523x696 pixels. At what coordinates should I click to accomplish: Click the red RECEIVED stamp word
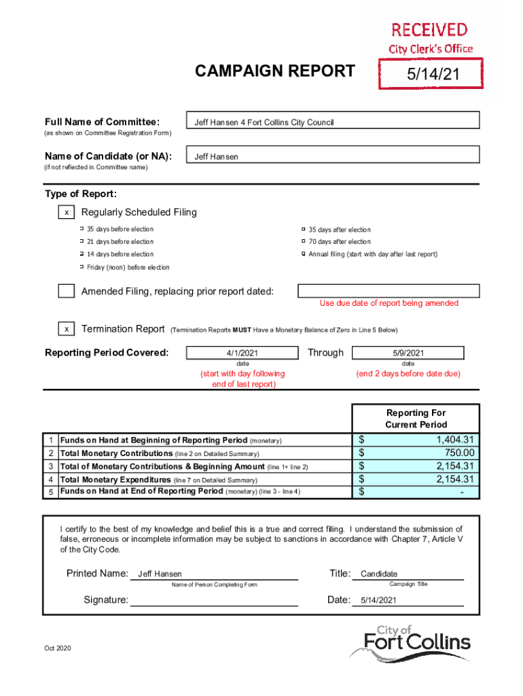point(429,30)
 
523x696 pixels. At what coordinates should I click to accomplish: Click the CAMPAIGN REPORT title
point(274,71)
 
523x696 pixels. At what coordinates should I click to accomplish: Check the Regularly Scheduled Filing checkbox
point(66,213)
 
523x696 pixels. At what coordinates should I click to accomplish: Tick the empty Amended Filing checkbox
point(66,292)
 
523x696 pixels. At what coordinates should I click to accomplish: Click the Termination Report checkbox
point(66,329)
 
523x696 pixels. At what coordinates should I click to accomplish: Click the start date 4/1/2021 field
point(242,353)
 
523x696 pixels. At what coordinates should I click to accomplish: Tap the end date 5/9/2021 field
point(408,353)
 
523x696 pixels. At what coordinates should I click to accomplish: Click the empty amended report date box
point(389,291)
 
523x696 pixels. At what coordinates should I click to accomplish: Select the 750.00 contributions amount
point(459,453)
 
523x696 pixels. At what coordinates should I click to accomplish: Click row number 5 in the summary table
point(50,492)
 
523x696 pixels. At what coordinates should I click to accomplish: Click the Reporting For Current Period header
point(416,419)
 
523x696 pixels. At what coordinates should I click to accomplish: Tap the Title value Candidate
point(379,574)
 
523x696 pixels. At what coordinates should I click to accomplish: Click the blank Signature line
point(213,599)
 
